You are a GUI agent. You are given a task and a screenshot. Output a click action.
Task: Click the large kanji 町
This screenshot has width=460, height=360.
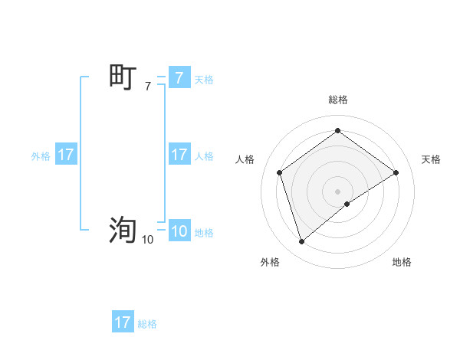[123, 77]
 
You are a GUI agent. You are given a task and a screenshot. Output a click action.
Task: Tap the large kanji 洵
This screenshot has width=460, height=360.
[123, 229]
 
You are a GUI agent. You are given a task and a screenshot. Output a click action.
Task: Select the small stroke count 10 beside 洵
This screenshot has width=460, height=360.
[147, 240]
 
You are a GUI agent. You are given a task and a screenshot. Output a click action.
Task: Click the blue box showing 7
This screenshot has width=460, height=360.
[179, 77]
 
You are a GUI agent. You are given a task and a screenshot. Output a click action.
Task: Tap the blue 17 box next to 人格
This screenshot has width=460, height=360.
[179, 155]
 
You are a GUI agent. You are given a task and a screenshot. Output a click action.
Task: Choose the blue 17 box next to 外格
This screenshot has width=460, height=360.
[66, 155]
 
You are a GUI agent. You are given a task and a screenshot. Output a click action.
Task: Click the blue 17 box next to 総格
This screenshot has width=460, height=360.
[123, 322]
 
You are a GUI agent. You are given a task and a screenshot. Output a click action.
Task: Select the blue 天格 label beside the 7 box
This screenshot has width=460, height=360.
[204, 79]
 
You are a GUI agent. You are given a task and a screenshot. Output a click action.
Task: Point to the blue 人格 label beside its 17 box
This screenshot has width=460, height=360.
[204, 156]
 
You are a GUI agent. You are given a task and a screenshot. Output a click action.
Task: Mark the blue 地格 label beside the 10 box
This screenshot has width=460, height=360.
[204, 233]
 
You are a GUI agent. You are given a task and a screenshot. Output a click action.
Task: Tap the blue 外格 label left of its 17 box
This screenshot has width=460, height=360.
[41, 156]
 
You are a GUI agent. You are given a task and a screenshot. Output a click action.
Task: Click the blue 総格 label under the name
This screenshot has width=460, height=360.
[147, 324]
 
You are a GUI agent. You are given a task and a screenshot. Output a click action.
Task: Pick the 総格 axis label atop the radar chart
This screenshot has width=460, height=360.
[337, 100]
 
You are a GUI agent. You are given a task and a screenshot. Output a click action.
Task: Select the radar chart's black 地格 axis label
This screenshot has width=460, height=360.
[402, 262]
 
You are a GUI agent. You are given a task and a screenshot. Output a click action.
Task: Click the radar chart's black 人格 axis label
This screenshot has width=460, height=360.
[245, 159]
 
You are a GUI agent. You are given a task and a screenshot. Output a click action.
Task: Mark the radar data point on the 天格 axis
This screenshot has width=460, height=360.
[396, 172]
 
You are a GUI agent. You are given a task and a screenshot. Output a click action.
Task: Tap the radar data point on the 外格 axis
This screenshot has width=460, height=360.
[301, 242]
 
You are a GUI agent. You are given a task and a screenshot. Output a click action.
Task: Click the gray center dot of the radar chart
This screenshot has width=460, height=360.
[337, 191]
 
